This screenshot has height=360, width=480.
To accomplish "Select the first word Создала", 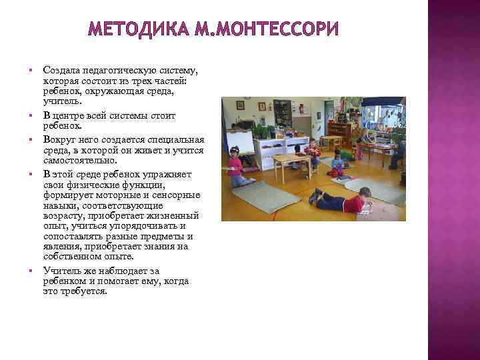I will click(x=61, y=70).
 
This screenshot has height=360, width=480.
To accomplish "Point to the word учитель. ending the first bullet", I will click(x=61, y=101).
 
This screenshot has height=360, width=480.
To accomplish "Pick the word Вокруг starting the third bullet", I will click(x=59, y=139).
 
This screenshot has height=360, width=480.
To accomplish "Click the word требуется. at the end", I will click(x=83, y=291).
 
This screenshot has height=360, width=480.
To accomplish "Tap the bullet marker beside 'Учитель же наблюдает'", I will click(x=31, y=270).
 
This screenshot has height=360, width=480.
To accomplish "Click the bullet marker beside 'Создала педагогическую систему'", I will click(x=31, y=69).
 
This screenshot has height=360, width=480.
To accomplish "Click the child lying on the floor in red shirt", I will click(x=340, y=199).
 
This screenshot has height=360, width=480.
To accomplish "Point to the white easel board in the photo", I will click(x=242, y=142).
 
